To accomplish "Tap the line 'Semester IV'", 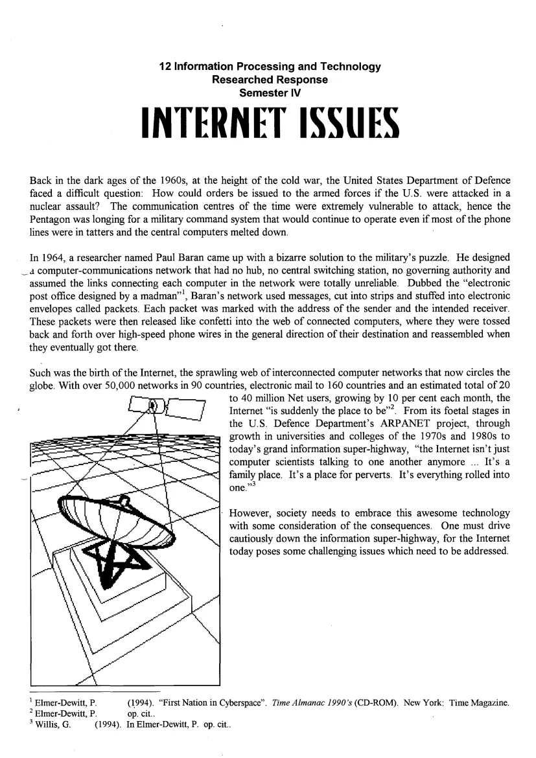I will (x=269, y=93).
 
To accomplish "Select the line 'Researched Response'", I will (x=269, y=80).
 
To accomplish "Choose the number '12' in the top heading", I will (x=164, y=67).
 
